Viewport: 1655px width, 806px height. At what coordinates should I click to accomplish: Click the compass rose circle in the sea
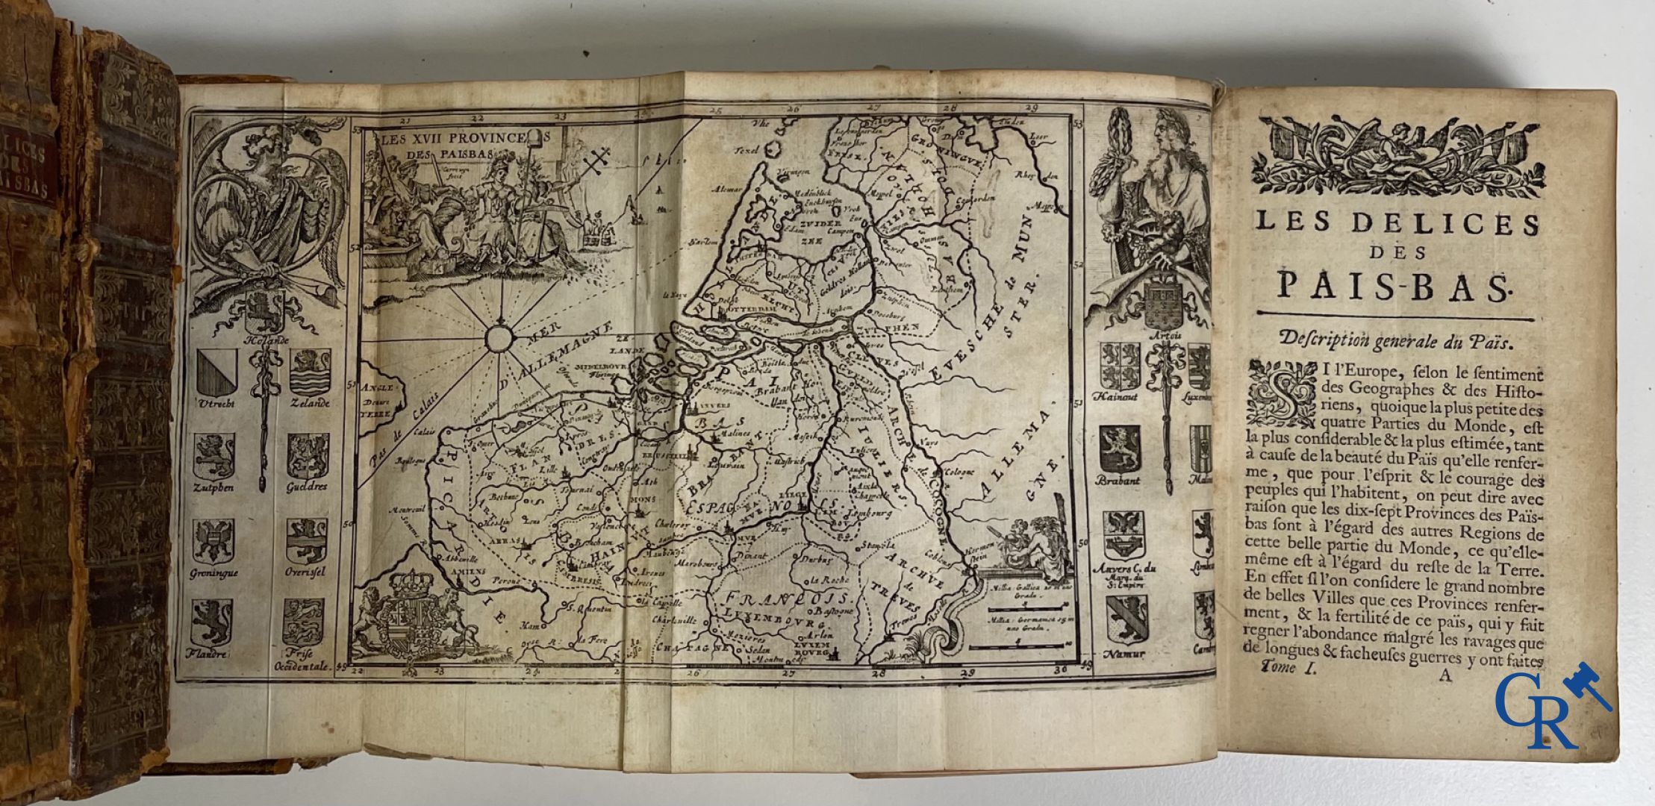[x=496, y=338]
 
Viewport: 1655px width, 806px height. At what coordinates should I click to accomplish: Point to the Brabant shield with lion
[x=1119, y=450]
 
